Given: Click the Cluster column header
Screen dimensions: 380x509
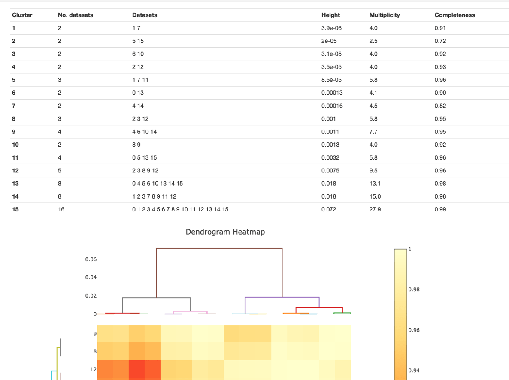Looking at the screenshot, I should pos(22,15).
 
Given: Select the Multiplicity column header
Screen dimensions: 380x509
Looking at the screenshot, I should pos(384,15).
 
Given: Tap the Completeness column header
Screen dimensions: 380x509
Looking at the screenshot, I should pos(454,15).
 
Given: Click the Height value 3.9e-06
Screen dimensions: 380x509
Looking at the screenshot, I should pos(331,28).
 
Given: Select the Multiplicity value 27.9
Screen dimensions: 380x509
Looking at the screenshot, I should pos(375,209).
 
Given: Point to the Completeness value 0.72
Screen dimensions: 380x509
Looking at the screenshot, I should pos(440,41).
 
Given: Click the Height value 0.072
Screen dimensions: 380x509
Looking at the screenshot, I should pos(329,209).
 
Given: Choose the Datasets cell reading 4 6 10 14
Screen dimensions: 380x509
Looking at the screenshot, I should pos(144,132).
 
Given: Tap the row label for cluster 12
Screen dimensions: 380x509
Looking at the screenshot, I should pos(15,171).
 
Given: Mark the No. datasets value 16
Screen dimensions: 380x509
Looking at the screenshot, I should pos(61,209).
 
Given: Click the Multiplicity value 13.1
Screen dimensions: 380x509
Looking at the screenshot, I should pos(374,184).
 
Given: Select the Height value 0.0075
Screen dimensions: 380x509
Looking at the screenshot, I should pos(330,171).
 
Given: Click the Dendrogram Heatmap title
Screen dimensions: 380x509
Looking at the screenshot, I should pos(225,232).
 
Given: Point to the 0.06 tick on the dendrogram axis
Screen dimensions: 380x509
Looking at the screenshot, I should pos(91,259).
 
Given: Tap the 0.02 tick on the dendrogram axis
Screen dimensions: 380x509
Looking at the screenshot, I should pos(91,296).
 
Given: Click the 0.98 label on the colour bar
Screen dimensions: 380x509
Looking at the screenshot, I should pos(415,290).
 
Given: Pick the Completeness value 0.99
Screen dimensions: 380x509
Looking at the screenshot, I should pos(440,209).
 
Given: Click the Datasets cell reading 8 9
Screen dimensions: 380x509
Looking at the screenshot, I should pos(136,145).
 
